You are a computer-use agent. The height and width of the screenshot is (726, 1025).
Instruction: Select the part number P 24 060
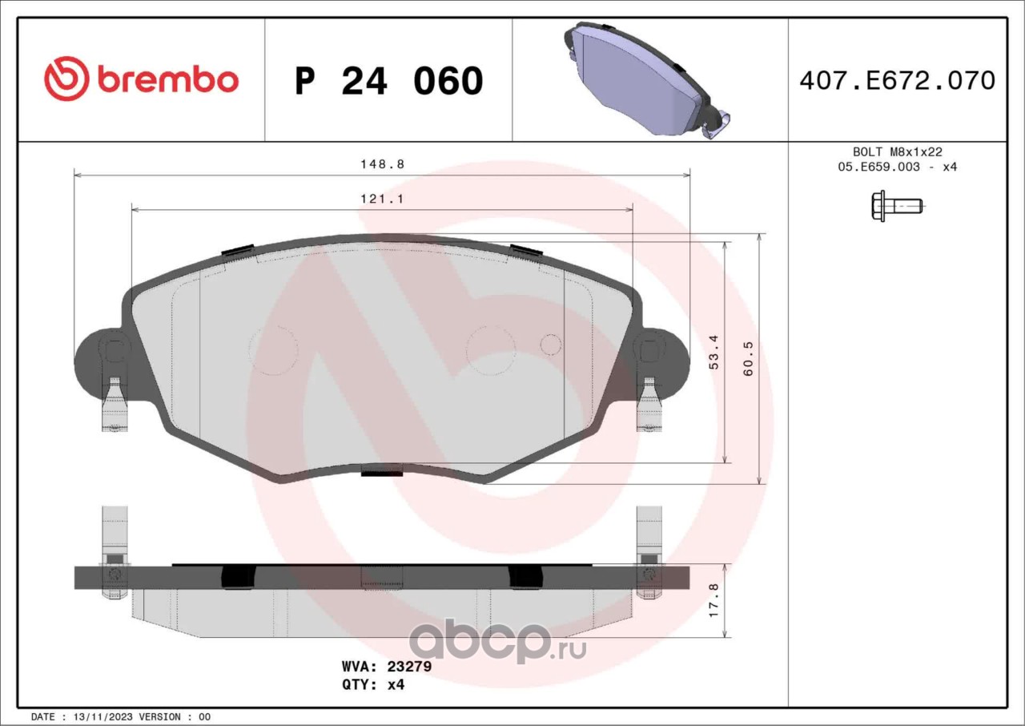388,81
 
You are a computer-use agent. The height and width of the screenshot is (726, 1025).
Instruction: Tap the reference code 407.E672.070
898,81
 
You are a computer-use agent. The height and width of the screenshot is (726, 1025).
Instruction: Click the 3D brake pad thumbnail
647,79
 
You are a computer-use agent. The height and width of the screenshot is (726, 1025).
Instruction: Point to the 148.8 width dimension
383,164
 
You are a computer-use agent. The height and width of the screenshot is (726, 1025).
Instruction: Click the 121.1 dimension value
382,199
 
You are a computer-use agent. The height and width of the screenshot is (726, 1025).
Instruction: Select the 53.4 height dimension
713,352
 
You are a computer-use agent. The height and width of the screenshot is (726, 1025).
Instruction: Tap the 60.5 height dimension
748,359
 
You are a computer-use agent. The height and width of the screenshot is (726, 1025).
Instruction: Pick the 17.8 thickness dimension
713,600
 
